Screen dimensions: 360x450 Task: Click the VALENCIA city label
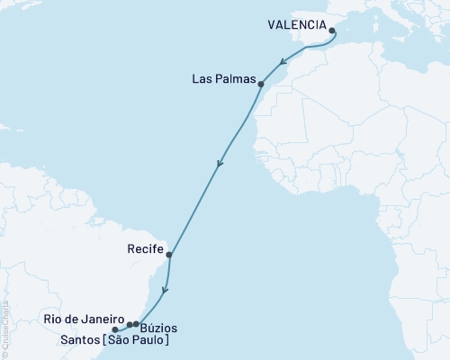coord(296,26)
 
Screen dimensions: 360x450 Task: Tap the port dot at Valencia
coord(332,31)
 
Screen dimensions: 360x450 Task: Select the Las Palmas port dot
coord(260,85)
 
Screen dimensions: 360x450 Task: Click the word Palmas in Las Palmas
coord(234,78)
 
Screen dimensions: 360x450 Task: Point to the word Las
coord(202,78)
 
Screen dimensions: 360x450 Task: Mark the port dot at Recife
coord(169,255)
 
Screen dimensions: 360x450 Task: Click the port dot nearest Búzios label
coord(136,324)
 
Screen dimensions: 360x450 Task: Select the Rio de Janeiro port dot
coord(130,325)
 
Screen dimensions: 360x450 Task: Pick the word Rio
coord(51,319)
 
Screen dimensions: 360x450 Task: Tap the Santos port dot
coord(114,330)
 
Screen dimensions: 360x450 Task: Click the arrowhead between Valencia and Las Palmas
coord(283,64)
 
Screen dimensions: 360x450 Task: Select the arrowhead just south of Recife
coord(164,291)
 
